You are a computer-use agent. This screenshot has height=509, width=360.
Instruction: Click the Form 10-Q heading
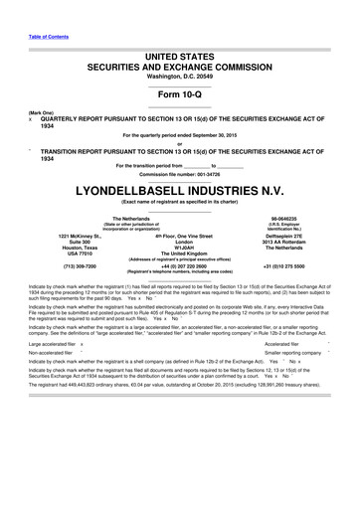[179, 94]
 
